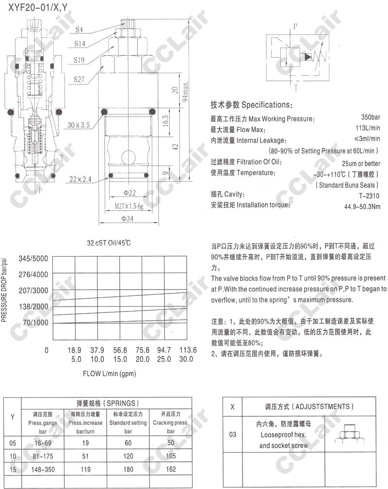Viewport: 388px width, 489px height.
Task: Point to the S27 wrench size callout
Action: click(80, 79)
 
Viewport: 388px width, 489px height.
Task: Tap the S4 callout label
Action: click(79, 30)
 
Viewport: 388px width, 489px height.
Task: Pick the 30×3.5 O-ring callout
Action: click(79, 125)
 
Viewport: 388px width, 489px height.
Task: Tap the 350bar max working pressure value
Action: click(371, 118)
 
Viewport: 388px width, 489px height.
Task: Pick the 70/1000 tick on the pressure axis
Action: click(35, 323)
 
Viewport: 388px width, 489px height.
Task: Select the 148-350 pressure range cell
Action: click(40, 469)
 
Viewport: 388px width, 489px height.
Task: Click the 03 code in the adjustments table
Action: click(233, 434)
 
